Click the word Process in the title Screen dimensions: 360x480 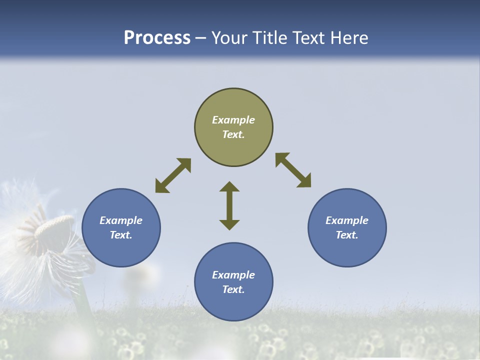coord(157,38)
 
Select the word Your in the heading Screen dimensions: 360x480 coord(229,38)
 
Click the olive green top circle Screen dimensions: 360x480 coord(233,102)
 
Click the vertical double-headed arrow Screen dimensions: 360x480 coord(229,206)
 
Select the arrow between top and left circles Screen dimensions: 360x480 coord(173,175)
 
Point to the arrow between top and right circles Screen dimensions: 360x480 coord(293,170)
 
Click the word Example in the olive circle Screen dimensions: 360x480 coord(233,120)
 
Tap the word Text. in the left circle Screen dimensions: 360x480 coord(121,235)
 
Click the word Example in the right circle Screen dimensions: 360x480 coord(347,220)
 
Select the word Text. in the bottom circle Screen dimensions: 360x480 coord(233,289)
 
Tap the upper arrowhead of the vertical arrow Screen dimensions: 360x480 coord(229,187)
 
